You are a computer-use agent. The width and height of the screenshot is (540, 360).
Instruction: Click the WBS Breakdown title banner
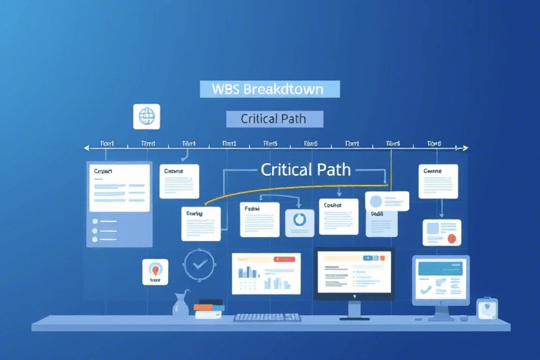point(270,89)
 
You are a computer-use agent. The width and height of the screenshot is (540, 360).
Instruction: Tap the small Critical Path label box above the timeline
point(274,119)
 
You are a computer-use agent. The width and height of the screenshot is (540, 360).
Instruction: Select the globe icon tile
point(146,116)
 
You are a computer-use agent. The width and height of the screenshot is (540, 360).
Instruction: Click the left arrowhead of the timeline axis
point(86,148)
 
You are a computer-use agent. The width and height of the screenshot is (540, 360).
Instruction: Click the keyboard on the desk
point(267,317)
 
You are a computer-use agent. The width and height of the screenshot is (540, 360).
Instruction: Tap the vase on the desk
point(181,304)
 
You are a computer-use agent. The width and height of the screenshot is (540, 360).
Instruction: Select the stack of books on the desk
point(208,309)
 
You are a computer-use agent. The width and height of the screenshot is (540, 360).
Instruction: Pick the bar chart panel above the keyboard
point(266,274)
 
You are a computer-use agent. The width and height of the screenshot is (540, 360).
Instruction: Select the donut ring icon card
point(300,221)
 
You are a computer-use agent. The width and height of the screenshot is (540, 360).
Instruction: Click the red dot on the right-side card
point(451,238)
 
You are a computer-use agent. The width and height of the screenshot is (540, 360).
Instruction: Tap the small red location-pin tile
point(155,271)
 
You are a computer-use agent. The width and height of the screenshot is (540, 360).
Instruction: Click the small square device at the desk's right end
point(487,308)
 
